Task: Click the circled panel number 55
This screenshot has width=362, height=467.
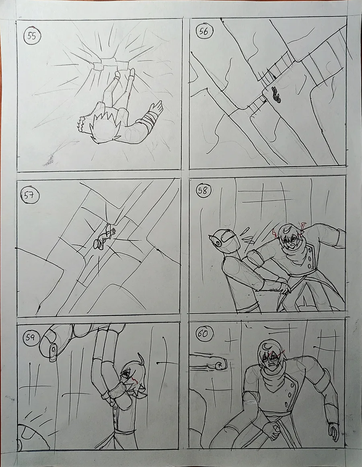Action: (x=32, y=36)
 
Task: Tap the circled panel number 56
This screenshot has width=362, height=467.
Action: (x=204, y=31)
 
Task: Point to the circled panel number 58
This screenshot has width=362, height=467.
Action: (x=203, y=190)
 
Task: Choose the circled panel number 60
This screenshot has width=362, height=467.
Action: (x=203, y=334)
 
